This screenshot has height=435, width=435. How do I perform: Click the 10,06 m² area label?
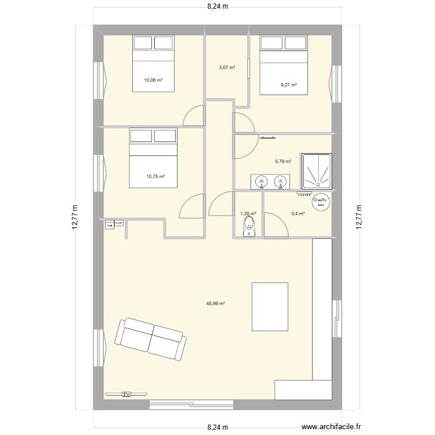tap(154, 81)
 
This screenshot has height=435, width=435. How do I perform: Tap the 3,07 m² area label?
tap(227, 68)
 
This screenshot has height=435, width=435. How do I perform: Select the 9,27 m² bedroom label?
tap(288, 85)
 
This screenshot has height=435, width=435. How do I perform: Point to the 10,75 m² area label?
tap(155, 177)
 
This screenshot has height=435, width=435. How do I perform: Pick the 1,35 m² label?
tap(248, 213)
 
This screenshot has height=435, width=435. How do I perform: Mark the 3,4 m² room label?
tap(298, 213)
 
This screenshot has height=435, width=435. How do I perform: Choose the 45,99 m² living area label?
tap(215, 303)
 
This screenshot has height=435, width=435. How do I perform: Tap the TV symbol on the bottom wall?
tap(126, 394)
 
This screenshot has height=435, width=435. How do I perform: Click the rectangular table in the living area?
tap(270, 306)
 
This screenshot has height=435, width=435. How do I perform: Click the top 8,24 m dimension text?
tap(217, 8)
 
